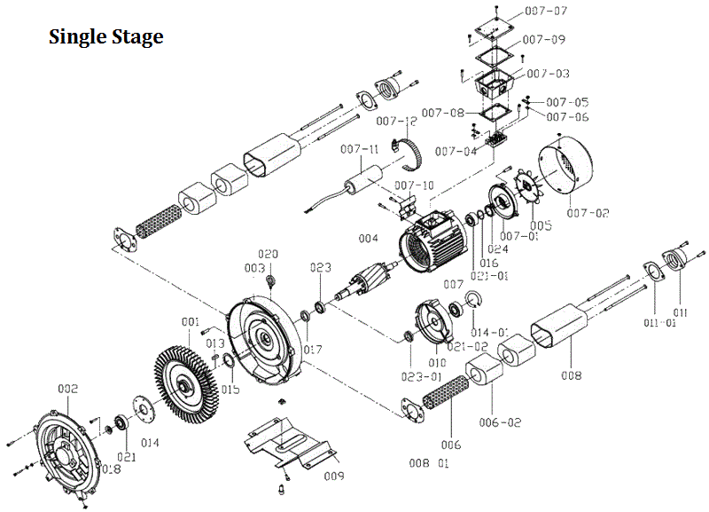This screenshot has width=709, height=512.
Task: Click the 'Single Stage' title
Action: click(x=105, y=37)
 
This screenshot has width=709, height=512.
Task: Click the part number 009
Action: click(x=333, y=477)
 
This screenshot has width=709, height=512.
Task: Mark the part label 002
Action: click(x=67, y=389)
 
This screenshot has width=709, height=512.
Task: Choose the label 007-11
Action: click(x=361, y=149)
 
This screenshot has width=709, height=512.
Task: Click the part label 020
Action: click(x=268, y=254)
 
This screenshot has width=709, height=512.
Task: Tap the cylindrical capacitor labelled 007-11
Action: click(x=362, y=183)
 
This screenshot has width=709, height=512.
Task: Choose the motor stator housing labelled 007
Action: click(x=435, y=240)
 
